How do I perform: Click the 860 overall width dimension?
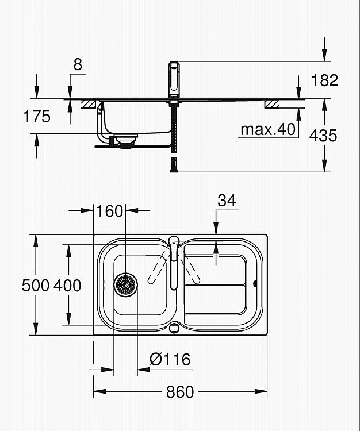(180, 392)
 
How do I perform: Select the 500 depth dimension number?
(36, 285)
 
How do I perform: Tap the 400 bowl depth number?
(67, 285)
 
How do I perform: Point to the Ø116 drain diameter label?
(170, 359)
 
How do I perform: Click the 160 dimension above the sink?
(109, 211)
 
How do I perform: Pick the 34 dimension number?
(227, 201)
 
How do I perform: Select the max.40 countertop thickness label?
(268, 129)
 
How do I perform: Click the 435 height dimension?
(323, 136)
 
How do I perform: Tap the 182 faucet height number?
(324, 80)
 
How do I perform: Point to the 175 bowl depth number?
(37, 116)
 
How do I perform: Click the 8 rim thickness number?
(78, 64)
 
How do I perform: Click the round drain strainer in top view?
(126, 285)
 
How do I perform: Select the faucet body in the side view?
(174, 79)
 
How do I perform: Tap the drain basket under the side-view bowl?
(127, 141)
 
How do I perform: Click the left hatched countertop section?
(89, 104)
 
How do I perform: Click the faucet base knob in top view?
(174, 241)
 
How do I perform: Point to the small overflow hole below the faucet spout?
(174, 328)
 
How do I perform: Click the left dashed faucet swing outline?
(159, 268)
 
